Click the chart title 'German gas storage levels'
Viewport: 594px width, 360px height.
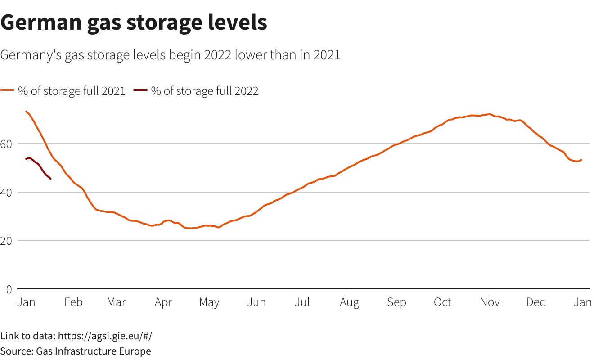134,22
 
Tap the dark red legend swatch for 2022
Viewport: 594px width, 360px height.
140,91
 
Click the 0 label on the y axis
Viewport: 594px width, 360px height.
9,289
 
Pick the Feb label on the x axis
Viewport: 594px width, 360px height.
73,302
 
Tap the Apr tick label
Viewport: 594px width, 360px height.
163,302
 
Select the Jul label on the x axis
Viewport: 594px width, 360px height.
302,302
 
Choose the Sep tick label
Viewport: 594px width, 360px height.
396,302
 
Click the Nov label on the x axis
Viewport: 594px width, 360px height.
490,302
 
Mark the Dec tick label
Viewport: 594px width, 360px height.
535,302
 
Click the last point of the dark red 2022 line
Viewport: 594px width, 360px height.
50,179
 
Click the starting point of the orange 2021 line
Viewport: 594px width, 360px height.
26,112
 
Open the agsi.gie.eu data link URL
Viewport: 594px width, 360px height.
108,336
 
